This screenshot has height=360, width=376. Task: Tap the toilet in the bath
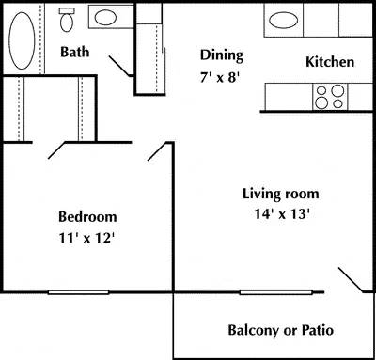tap(67, 18)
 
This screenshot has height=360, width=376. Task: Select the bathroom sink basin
tap(105, 17)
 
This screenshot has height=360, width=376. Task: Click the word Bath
tap(75, 52)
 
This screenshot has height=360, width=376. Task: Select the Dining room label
tap(222, 55)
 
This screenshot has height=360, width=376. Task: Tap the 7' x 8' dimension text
tap(222, 77)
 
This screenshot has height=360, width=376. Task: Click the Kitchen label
tap(330, 62)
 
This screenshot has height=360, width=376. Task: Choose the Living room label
tap(281, 194)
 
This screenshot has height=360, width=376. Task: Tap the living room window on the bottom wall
tap(274, 292)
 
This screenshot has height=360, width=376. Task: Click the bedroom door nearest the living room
tap(158, 151)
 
